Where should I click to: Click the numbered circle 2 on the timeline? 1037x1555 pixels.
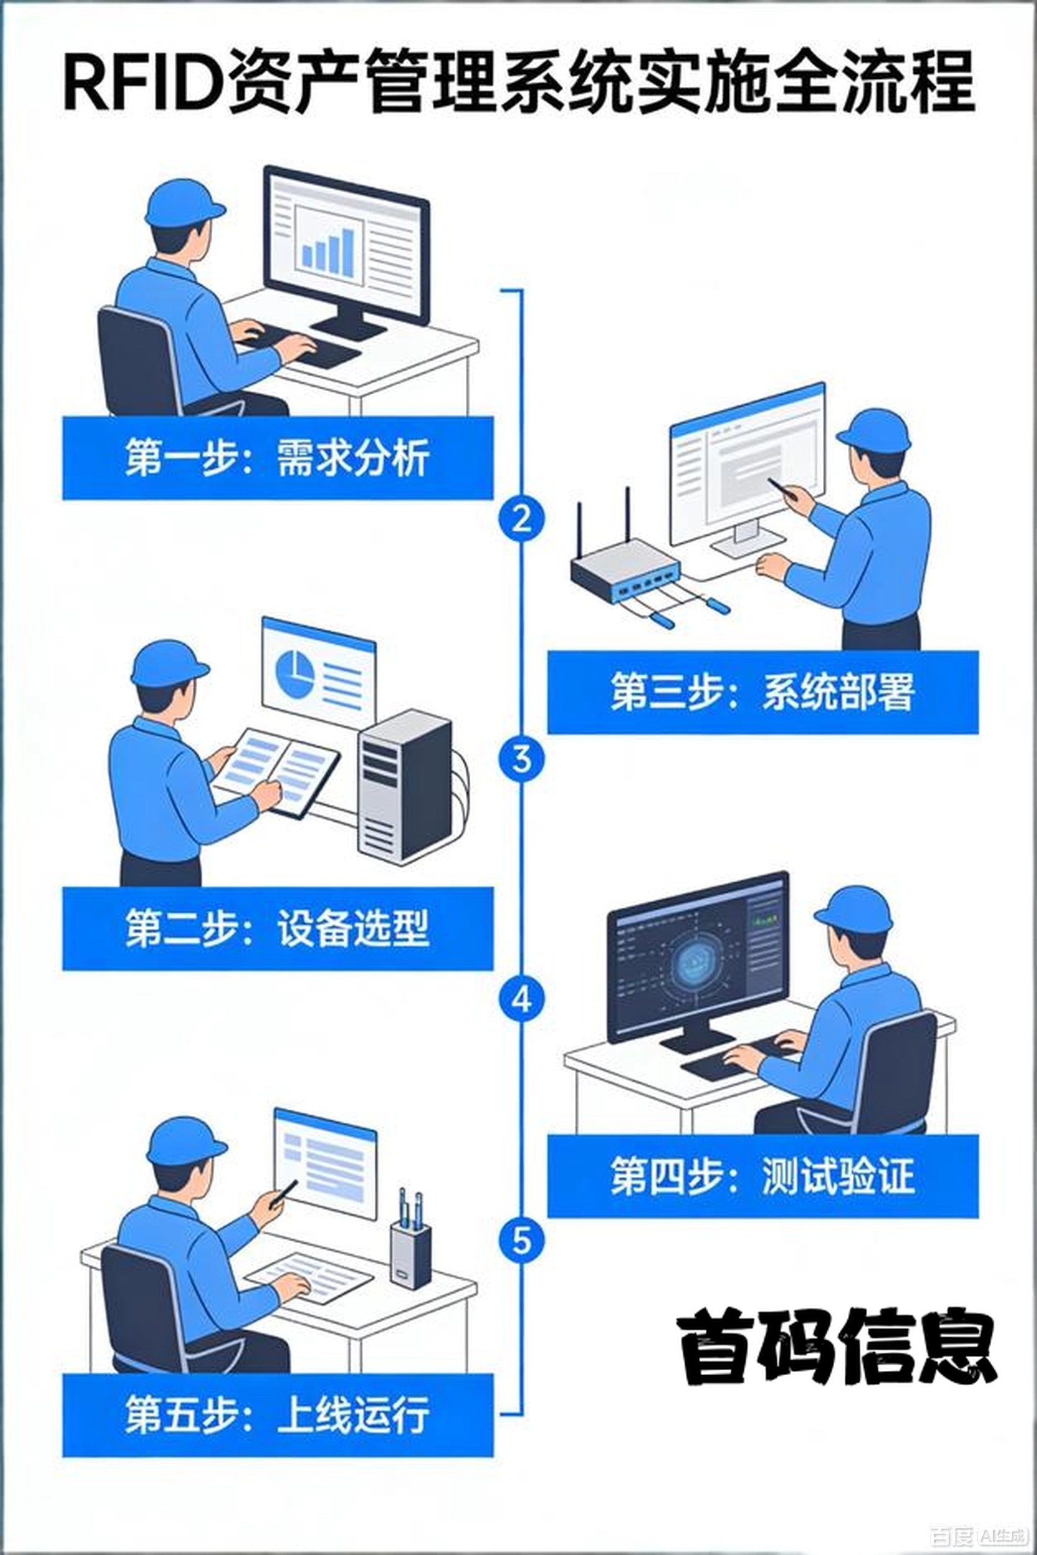522,519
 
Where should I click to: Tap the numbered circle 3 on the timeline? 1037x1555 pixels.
522,759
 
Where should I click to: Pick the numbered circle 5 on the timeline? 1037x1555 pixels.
522,1239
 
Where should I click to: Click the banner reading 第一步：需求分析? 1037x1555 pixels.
278,458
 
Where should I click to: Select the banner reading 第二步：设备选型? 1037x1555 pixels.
278,928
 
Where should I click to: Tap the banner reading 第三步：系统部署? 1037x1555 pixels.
762,692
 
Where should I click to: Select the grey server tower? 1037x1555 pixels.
405,787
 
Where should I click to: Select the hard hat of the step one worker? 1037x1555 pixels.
184,203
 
